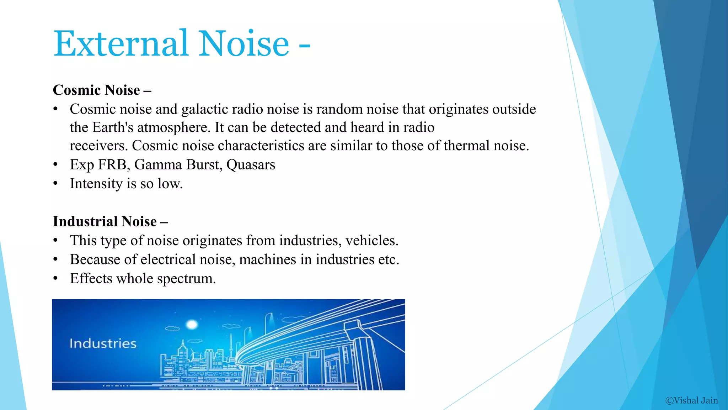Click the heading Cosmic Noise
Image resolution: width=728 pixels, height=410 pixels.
(97, 90)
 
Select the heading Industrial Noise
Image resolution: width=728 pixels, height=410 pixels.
(105, 221)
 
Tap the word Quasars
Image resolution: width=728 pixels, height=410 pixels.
(251, 165)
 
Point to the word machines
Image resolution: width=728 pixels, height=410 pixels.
(267, 260)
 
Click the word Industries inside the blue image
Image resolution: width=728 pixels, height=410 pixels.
(103, 343)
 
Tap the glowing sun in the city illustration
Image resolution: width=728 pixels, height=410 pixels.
(192, 324)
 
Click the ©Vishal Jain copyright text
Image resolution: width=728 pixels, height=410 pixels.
(691, 400)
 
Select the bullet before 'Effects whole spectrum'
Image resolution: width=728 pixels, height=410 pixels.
(55, 279)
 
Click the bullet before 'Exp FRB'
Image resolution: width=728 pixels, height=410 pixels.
(55, 165)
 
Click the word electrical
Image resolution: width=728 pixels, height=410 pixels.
(168, 260)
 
